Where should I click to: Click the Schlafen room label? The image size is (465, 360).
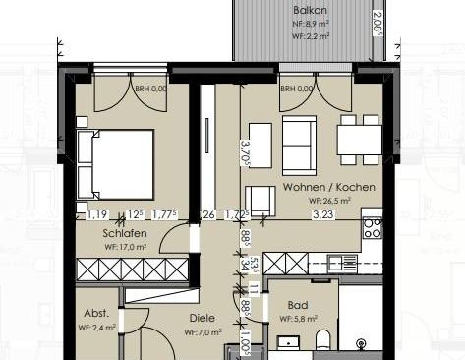[124, 233]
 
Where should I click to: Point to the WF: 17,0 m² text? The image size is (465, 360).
[125, 247]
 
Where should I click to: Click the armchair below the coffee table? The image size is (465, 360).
[260, 198]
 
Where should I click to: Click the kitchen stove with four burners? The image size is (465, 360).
[373, 229]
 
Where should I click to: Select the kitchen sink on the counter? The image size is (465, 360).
[343, 263]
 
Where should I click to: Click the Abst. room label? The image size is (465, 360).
[96, 315]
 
